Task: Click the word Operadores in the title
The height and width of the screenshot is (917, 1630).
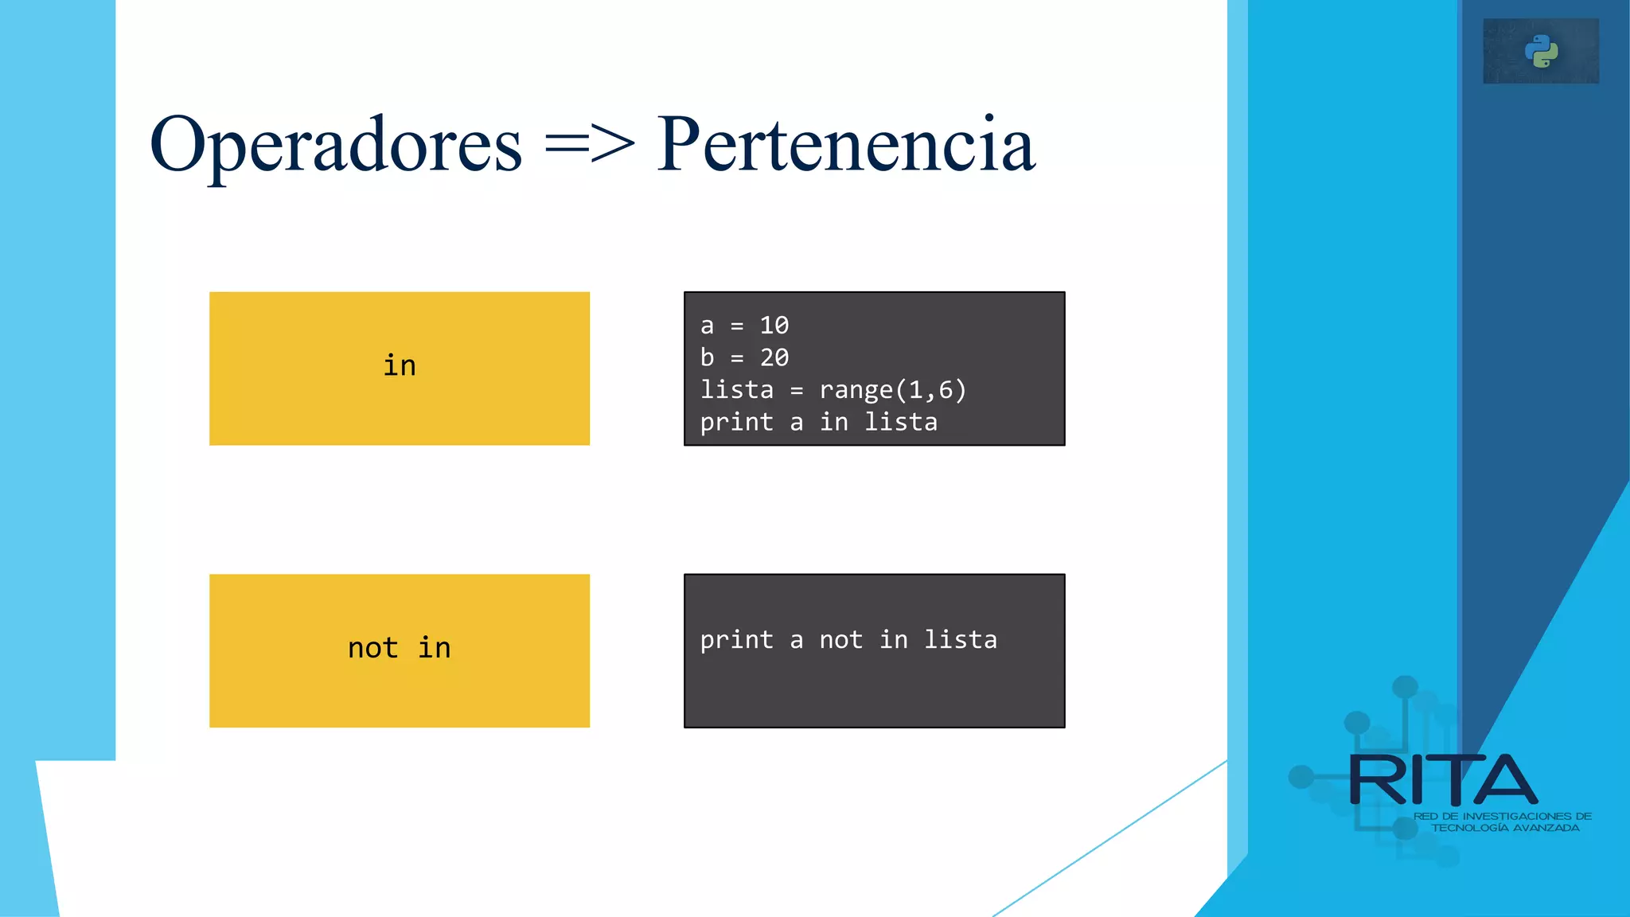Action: pyautogui.click(x=335, y=145)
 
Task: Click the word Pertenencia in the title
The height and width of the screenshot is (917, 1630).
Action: pyautogui.click(x=846, y=145)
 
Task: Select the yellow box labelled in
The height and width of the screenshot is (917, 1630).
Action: pyautogui.click(x=400, y=368)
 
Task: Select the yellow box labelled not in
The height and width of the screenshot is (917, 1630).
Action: pyautogui.click(x=400, y=650)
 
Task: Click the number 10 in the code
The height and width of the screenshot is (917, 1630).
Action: pyautogui.click(x=774, y=326)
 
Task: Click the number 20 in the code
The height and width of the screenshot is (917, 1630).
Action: pyautogui.click(x=774, y=358)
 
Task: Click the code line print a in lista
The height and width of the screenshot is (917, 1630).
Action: pyautogui.click(x=818, y=422)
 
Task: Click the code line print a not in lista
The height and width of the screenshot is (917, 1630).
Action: pyautogui.click(x=848, y=640)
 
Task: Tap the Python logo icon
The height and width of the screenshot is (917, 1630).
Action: pyautogui.click(x=1541, y=52)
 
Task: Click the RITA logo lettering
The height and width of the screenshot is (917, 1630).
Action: pyautogui.click(x=1442, y=781)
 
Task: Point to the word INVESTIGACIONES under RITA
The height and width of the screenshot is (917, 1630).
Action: pyautogui.click(x=1517, y=816)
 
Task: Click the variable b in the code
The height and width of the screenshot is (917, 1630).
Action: pyautogui.click(x=707, y=358)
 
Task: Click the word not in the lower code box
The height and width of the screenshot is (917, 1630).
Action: pyautogui.click(x=840, y=640)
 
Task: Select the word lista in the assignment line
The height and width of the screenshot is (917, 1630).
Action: pyautogui.click(x=736, y=390)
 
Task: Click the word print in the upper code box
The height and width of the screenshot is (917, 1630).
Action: pyautogui.click(x=736, y=422)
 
